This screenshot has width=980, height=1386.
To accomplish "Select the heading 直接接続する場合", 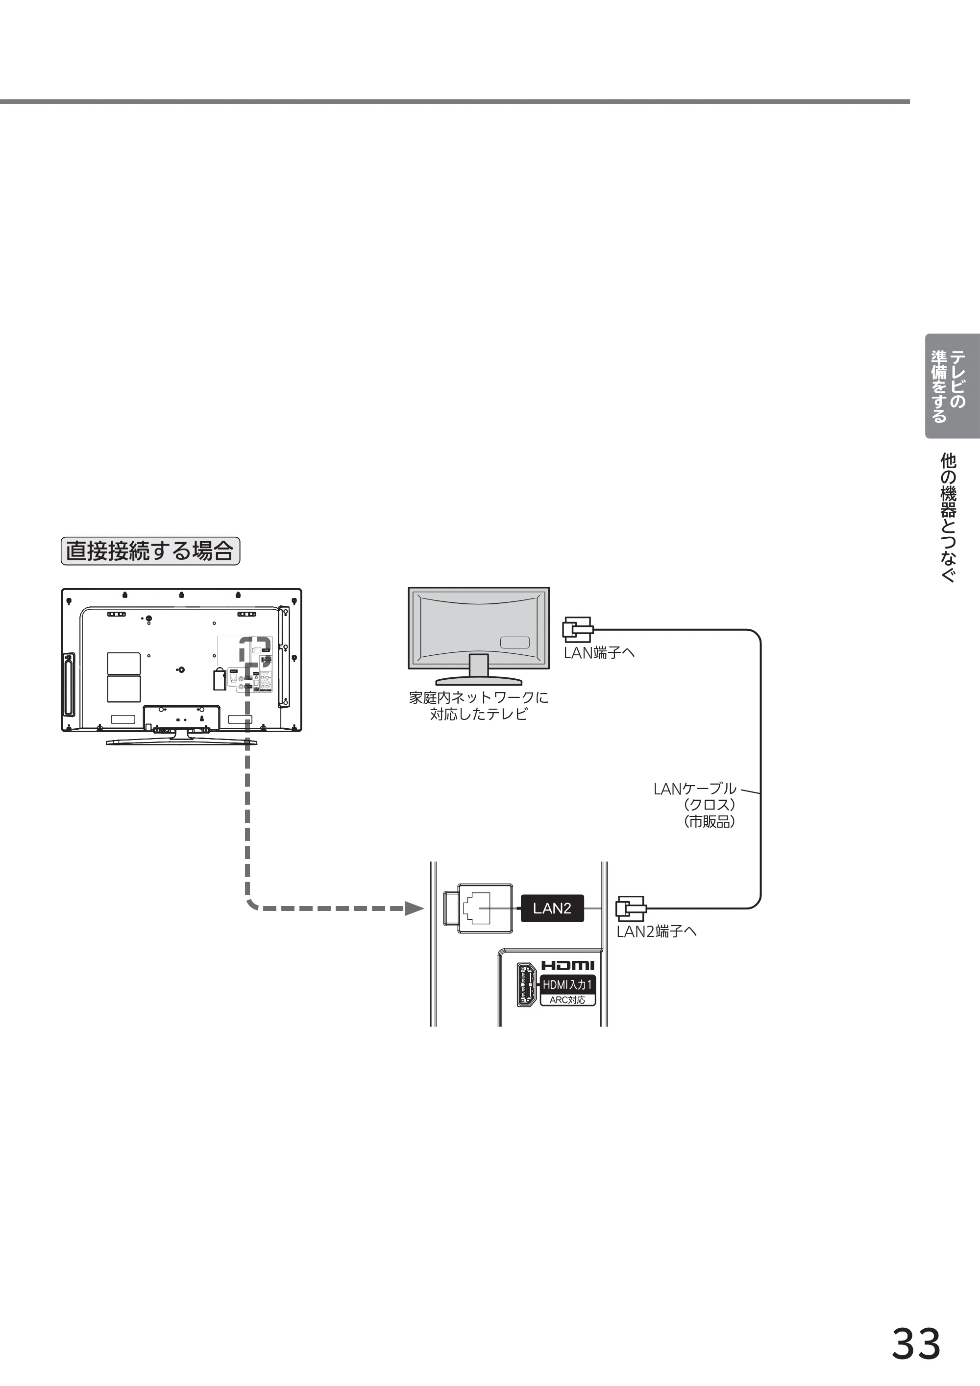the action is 150,550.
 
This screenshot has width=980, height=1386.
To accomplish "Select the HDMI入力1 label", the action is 567,984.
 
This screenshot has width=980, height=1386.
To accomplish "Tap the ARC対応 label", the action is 567,1000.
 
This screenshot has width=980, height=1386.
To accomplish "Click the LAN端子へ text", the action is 599,652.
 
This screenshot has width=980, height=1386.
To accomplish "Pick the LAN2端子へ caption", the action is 656,932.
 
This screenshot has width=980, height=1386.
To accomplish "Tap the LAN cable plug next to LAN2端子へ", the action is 631,908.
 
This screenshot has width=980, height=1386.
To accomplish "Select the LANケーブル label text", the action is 695,789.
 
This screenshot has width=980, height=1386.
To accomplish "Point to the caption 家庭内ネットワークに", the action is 479,698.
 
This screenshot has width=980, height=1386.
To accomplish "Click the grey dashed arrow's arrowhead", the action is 414,908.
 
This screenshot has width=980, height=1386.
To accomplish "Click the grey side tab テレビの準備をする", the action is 952,386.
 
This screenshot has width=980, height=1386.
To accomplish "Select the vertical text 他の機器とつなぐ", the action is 949,518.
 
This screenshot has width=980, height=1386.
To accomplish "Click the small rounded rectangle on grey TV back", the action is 514,642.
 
